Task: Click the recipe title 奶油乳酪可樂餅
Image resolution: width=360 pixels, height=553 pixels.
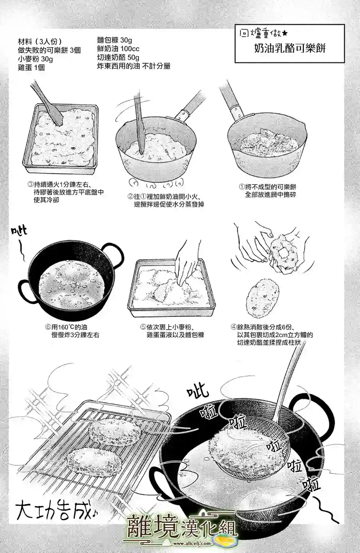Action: (290, 48)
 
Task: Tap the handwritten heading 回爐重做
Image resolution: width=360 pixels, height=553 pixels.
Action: (263, 33)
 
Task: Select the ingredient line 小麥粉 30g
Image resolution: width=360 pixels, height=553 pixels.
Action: (35, 59)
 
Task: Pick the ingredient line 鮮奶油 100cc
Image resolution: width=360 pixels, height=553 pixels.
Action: (118, 49)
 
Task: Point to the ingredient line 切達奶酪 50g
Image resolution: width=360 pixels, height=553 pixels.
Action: (118, 57)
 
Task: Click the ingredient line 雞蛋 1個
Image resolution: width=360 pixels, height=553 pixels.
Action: (31, 68)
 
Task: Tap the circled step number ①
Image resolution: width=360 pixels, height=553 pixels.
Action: (242, 187)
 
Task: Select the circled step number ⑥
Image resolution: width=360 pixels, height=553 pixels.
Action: (48, 327)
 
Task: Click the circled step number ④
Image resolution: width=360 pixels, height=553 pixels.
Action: (234, 327)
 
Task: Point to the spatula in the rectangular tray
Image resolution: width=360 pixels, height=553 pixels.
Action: (47, 103)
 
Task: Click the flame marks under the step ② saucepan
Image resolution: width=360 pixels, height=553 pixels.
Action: (156, 183)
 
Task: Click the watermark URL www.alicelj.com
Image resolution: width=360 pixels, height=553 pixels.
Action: (192, 543)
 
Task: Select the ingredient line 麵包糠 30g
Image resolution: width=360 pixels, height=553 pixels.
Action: (114, 40)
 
